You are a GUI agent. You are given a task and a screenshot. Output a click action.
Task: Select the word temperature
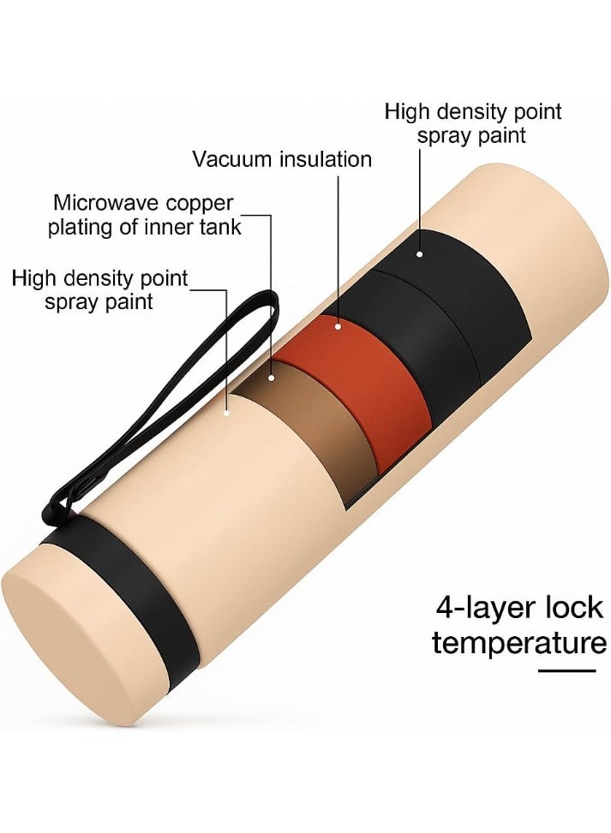pos(519,644)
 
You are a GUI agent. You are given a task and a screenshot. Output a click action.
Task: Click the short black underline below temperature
pos(566,671)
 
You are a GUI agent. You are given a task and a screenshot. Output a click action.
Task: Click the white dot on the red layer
pos(338,326)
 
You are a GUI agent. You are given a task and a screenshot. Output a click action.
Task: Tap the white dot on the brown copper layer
pos(272,378)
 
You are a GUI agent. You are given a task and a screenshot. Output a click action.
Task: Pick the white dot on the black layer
pos(420,254)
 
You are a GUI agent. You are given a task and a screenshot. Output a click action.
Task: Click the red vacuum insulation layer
pos(367,383)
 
